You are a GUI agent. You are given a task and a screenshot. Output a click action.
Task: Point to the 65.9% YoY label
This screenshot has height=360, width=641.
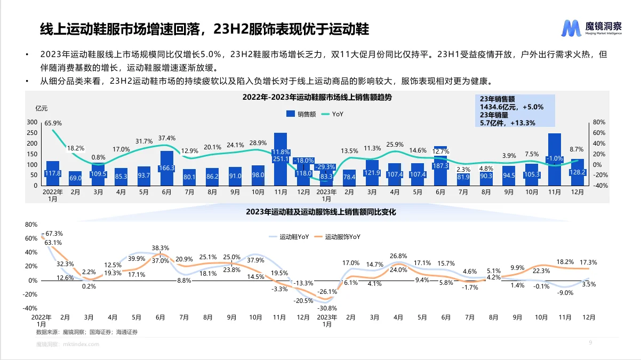tap(53, 123)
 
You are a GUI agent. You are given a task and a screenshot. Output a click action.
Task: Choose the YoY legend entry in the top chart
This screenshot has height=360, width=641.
tap(334, 114)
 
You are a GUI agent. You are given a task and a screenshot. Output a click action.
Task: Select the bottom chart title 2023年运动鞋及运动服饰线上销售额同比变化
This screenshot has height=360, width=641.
tap(320, 212)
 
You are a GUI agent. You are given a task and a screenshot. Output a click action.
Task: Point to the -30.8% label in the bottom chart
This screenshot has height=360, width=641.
tap(326, 308)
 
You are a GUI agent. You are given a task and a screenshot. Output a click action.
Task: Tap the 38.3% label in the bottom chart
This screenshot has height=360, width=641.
tap(160, 248)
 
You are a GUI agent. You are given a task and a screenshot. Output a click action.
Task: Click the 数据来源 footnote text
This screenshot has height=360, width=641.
tap(87, 332)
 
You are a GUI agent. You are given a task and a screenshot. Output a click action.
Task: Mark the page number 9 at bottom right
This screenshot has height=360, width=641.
tap(590, 342)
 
